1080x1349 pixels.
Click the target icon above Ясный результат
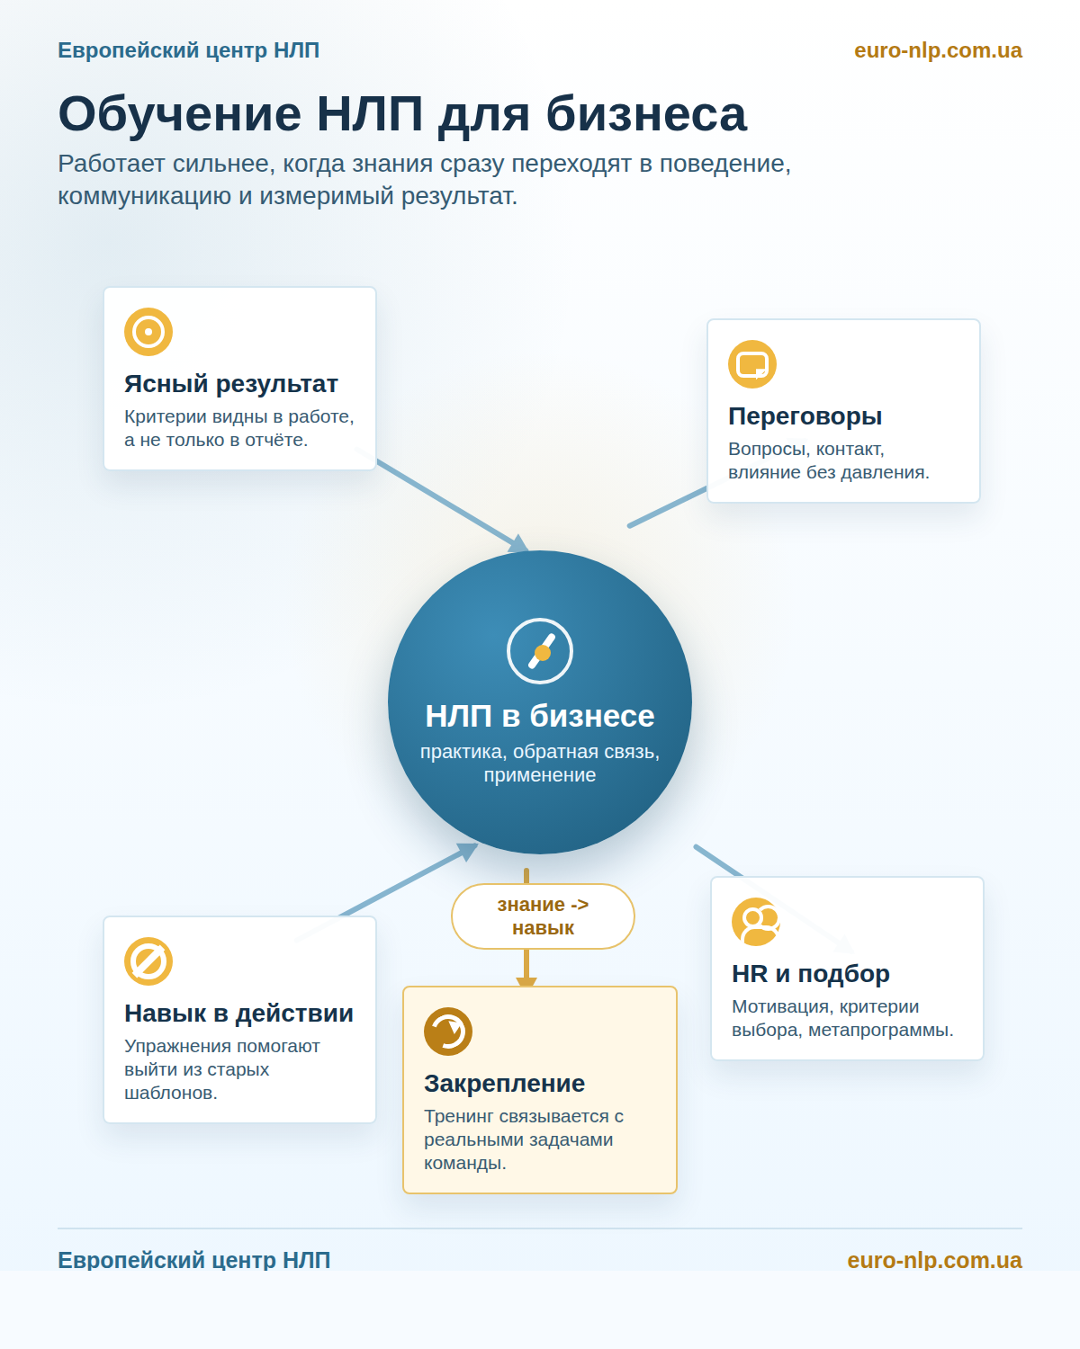(148, 332)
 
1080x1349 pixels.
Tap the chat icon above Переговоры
(751, 364)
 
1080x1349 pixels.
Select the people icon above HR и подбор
(756, 922)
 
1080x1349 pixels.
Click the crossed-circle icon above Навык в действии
(148, 961)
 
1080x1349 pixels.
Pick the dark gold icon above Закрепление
(448, 1032)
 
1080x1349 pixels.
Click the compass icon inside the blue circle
(540, 651)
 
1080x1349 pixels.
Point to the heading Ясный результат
(231, 384)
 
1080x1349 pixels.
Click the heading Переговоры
(805, 416)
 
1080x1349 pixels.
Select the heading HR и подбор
(811, 973)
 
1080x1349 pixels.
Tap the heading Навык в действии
(238, 1013)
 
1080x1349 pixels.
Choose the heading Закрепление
(505, 1083)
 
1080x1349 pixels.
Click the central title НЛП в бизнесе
(540, 716)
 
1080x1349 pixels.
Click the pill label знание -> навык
(543, 916)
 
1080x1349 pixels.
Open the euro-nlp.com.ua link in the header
(938, 50)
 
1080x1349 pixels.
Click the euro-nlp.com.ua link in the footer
(934, 1260)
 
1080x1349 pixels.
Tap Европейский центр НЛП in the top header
(188, 50)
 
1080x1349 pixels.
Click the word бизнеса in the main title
(646, 114)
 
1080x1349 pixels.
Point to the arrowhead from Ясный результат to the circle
(518, 544)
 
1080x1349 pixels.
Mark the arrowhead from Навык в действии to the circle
(467, 851)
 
